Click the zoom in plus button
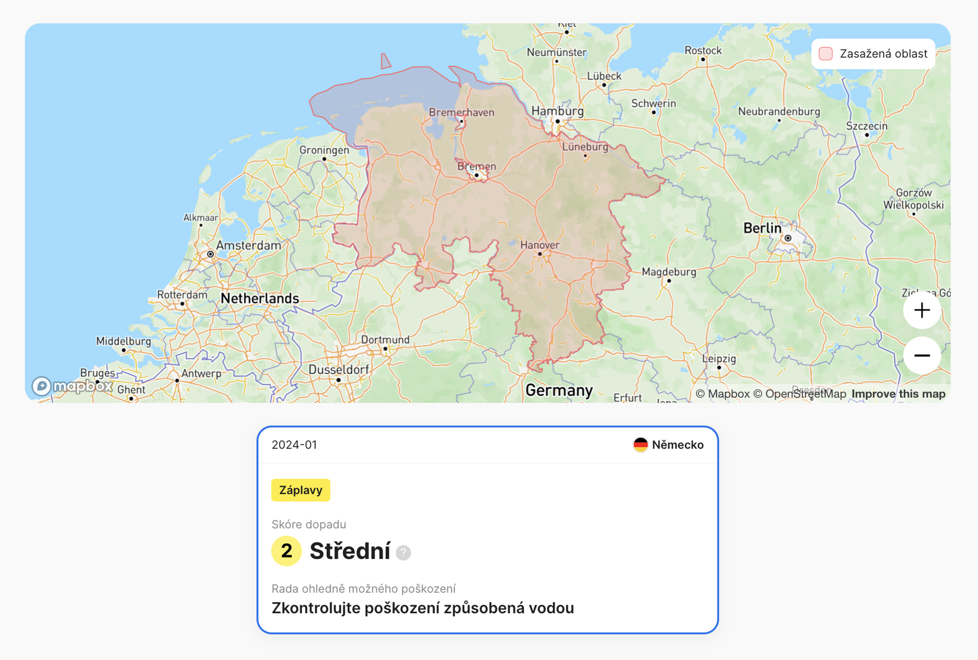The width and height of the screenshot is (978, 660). pyautogui.click(x=922, y=311)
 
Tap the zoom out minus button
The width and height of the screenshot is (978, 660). pyautogui.click(x=922, y=355)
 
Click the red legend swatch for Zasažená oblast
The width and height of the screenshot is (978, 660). pyautogui.click(x=825, y=54)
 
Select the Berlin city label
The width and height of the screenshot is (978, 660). pyautogui.click(x=762, y=228)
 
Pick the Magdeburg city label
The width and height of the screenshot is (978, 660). pyautogui.click(x=669, y=272)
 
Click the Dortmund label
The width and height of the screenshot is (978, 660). pyautogui.click(x=385, y=340)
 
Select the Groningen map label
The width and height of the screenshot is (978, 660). pyautogui.click(x=324, y=150)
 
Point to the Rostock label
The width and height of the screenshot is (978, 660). pyautogui.click(x=703, y=50)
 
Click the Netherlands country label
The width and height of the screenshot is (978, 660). pyautogui.click(x=260, y=298)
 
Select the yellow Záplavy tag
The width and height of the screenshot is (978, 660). pyautogui.click(x=301, y=490)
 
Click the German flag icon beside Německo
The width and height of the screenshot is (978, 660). pyautogui.click(x=640, y=445)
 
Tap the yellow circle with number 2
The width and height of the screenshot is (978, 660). pyautogui.click(x=286, y=551)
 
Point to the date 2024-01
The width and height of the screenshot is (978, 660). pyautogui.click(x=294, y=445)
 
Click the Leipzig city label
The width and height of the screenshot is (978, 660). pyautogui.click(x=719, y=359)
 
